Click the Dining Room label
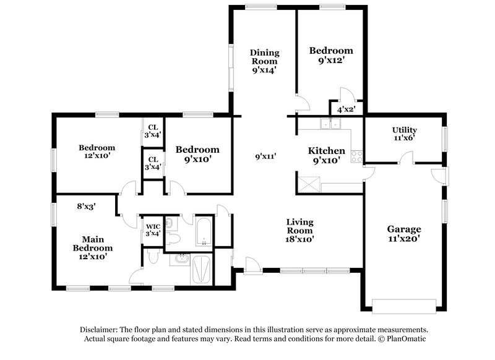[264, 61]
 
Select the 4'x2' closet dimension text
[345, 109]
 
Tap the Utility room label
[404, 134]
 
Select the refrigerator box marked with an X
[307, 185]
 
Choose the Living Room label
[299, 230]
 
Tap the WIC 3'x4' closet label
[152, 229]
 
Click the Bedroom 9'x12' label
[331, 56]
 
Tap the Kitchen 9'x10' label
[327, 155]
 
